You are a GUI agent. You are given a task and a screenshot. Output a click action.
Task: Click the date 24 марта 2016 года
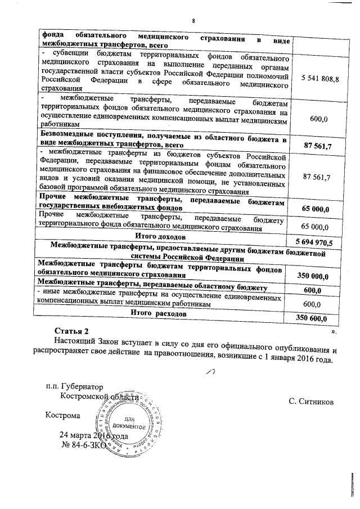tap(93, 436)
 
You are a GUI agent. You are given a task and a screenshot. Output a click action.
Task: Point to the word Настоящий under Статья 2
tap(74, 341)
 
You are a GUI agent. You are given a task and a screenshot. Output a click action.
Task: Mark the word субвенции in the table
tap(60, 56)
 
